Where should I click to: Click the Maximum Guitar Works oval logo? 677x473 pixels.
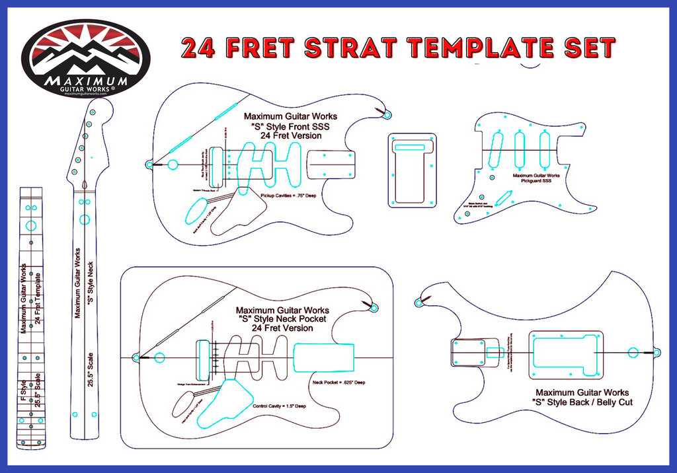[x=85, y=59]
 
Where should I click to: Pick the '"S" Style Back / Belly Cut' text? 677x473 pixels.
[x=582, y=402]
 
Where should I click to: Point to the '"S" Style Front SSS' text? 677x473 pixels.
[x=290, y=126]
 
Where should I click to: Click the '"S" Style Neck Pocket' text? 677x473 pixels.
[x=282, y=318]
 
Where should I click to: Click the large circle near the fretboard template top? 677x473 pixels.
[x=30, y=227]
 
